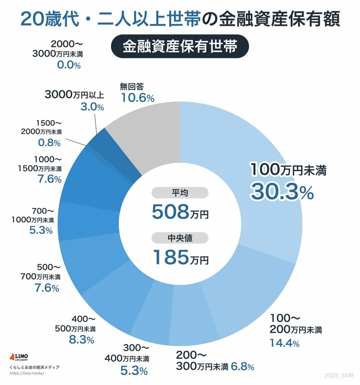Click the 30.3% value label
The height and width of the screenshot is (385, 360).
pyautogui.click(x=281, y=192)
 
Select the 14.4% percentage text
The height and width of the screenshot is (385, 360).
pyautogui.click(x=284, y=343)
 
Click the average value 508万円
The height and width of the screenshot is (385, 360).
pyautogui.click(x=180, y=212)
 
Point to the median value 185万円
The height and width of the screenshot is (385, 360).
pyautogui.click(x=180, y=257)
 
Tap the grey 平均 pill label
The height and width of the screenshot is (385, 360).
pyautogui.click(x=180, y=193)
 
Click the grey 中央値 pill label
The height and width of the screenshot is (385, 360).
pyautogui.click(x=180, y=238)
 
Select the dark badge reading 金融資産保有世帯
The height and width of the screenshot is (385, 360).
pyautogui.click(x=180, y=46)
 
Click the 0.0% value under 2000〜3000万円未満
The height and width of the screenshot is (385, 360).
pyautogui.click(x=68, y=65)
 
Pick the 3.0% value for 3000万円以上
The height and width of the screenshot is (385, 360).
pyautogui.click(x=92, y=107)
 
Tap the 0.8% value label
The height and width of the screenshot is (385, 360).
pyautogui.click(x=48, y=143)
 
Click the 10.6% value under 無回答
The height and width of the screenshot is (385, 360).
pyautogui.click(x=137, y=98)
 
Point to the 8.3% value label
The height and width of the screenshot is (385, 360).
pyautogui.click(x=82, y=340)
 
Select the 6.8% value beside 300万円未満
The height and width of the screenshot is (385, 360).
pyautogui.click(x=242, y=366)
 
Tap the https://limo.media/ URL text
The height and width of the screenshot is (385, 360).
pyautogui.click(x=26, y=373)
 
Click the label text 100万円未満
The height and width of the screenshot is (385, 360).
pyautogui.click(x=288, y=170)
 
